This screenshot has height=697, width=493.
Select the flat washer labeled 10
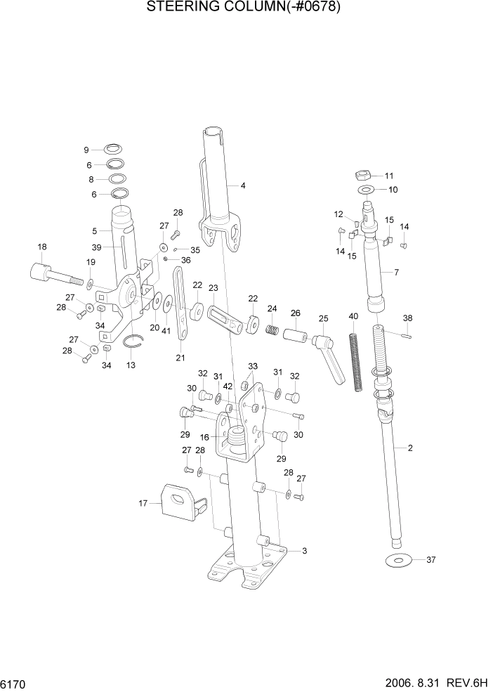(366, 190)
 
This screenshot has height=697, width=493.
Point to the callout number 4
(242, 186)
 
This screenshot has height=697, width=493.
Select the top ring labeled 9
(112, 149)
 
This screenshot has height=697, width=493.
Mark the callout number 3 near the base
(305, 551)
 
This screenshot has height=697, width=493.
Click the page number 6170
(13, 682)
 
